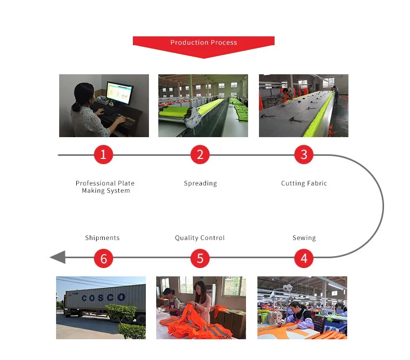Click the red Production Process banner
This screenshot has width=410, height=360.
click(x=203, y=43)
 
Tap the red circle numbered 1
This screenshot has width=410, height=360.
click(x=103, y=154)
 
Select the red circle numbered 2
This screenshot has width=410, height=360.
click(x=200, y=154)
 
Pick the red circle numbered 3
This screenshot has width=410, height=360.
click(x=304, y=154)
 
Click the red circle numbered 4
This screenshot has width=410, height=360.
click(x=304, y=258)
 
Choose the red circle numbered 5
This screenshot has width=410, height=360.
click(x=200, y=258)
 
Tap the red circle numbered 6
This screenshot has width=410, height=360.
click(x=103, y=258)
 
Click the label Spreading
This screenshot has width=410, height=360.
click(x=200, y=183)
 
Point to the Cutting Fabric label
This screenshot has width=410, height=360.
click(x=304, y=183)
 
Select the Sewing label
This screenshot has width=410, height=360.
click(x=304, y=238)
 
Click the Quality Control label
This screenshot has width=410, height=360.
click(x=200, y=238)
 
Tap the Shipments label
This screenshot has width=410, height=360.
click(x=102, y=238)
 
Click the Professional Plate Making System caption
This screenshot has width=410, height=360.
click(x=105, y=187)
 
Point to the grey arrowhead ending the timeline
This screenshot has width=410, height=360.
click(x=57, y=257)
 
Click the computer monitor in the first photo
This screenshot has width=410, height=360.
click(x=119, y=92)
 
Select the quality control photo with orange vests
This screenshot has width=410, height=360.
click(x=201, y=308)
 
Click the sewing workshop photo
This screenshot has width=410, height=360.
click(x=302, y=308)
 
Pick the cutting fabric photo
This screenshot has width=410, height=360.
click(x=304, y=105)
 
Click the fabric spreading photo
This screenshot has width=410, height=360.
click(x=203, y=105)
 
